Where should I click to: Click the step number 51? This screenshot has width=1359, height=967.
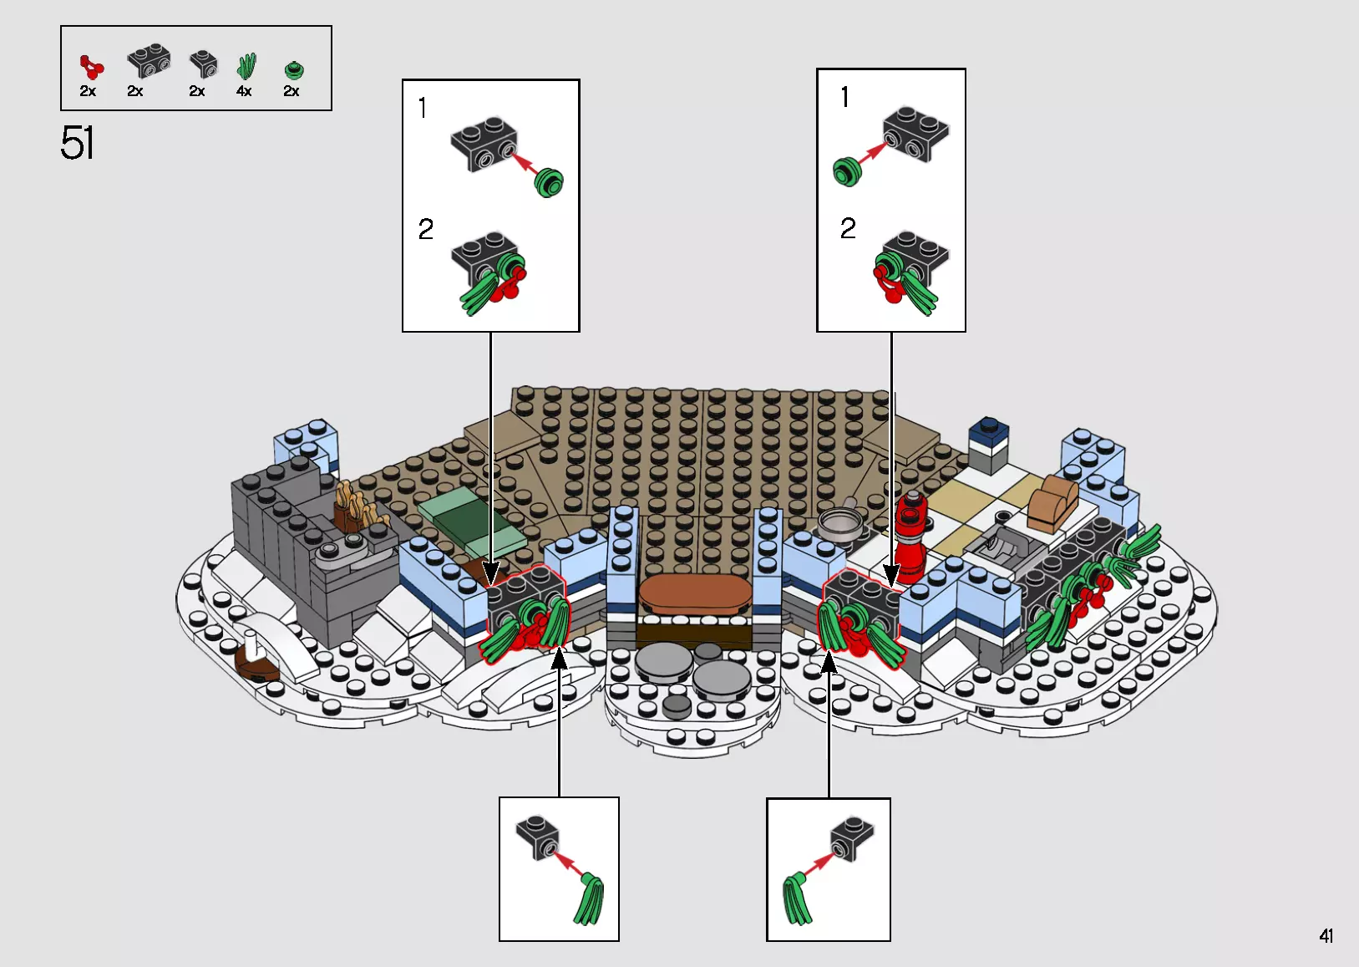(x=77, y=143)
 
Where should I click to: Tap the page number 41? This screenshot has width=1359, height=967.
(x=1326, y=936)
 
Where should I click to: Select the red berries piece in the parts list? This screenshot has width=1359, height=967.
(x=91, y=67)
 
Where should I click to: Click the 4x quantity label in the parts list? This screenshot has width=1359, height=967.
(x=244, y=91)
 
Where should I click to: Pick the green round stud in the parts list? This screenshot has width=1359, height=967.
(x=293, y=70)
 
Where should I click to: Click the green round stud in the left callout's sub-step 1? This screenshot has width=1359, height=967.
(x=549, y=182)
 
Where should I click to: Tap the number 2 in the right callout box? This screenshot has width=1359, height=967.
(x=848, y=228)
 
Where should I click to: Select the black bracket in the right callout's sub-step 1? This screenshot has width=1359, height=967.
(x=915, y=133)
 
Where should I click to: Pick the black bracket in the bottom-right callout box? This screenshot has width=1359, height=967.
(x=852, y=837)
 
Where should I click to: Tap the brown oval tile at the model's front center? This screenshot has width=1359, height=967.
(x=692, y=593)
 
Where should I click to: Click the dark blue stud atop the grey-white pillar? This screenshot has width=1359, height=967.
(x=989, y=432)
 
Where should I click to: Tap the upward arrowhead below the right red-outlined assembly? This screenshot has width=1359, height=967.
(x=829, y=663)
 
